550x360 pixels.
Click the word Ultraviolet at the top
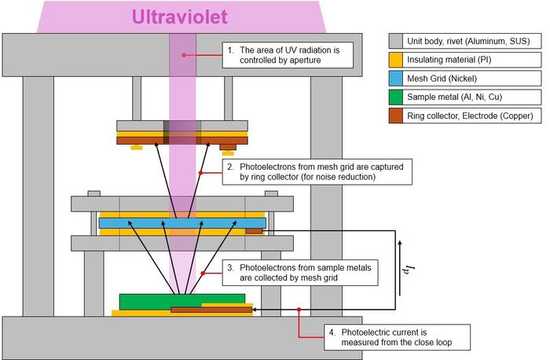tap(180, 17)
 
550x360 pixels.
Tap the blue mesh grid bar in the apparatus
tap(182, 223)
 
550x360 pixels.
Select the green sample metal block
tap(182, 301)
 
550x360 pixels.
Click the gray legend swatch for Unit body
tap(396, 41)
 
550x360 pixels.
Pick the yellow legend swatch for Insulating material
tap(396, 60)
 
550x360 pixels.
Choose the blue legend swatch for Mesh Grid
tap(396, 79)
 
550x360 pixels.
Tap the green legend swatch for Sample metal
tap(396, 97)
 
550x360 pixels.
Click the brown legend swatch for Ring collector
tap(396, 116)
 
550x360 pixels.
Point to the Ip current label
tap(409, 269)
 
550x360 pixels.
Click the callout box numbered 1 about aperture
tap(288, 55)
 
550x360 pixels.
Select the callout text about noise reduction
tap(317, 172)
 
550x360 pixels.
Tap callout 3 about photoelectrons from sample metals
tap(300, 273)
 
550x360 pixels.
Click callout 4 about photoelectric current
tap(397, 337)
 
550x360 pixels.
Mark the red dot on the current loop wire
tap(299, 310)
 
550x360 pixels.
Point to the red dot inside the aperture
tap(184, 55)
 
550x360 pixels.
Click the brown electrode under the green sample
tap(211, 310)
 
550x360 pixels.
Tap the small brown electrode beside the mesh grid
tap(255, 231)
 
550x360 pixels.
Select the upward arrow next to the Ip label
tap(400, 268)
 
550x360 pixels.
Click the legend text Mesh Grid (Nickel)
tap(442, 79)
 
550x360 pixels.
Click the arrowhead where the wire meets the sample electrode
tap(254, 310)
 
